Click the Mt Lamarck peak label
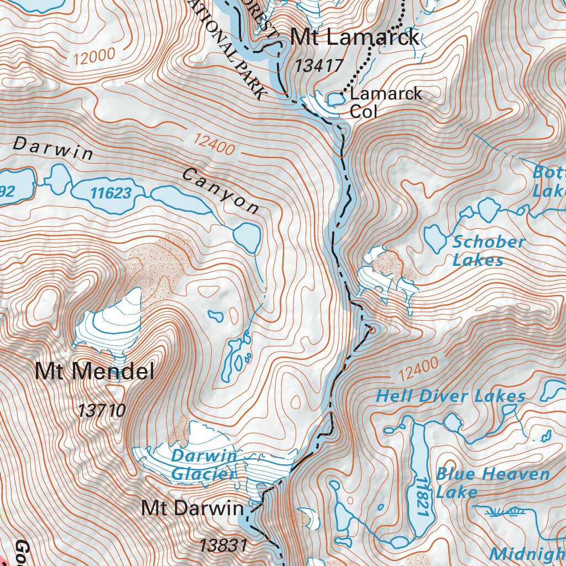click(355, 38)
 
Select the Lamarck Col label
click(385, 102)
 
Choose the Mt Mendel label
click(95, 371)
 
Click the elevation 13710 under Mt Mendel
click(102, 411)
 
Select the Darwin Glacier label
click(203, 465)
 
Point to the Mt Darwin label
click(192, 508)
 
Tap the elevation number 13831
click(223, 546)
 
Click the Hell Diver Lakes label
click(450, 396)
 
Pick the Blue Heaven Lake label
click(492, 483)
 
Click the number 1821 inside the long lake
click(422, 497)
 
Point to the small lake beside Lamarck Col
click(334, 99)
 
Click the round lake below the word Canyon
click(247, 236)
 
